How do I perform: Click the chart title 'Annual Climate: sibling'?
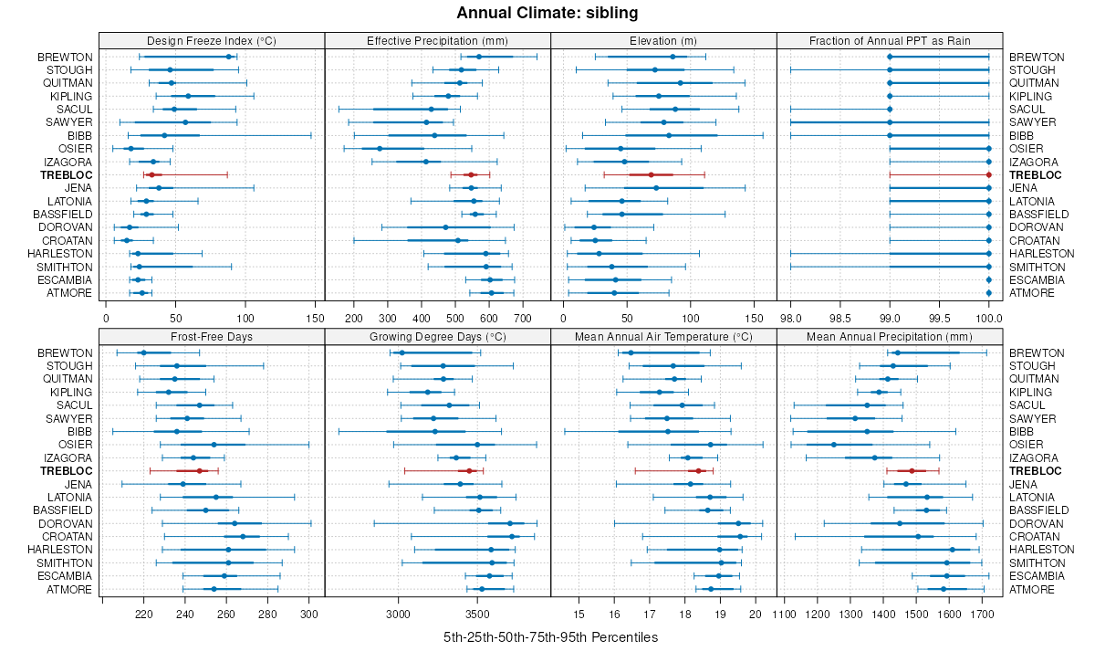pyautogui.click(x=547, y=13)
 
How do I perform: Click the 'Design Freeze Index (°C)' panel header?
pyautogui.click(x=212, y=40)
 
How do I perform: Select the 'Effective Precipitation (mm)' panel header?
pyautogui.click(x=437, y=40)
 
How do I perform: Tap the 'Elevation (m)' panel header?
pyautogui.click(x=663, y=40)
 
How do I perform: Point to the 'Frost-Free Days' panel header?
pyautogui.click(x=212, y=336)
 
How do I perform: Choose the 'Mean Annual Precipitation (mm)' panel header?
pyautogui.click(x=890, y=336)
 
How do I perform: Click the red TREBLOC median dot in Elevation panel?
pyautogui.click(x=651, y=174)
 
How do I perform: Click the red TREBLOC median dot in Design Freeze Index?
pyautogui.click(x=151, y=174)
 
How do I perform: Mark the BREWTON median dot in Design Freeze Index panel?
pyautogui.click(x=229, y=57)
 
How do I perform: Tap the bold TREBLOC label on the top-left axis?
pyautogui.click(x=66, y=174)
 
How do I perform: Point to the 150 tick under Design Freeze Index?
pyautogui.click(x=314, y=319)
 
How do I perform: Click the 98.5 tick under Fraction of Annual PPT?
pyautogui.click(x=839, y=319)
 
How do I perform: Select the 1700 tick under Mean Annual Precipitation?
pyautogui.click(x=982, y=615)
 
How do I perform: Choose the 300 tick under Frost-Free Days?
pyautogui.click(x=308, y=615)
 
